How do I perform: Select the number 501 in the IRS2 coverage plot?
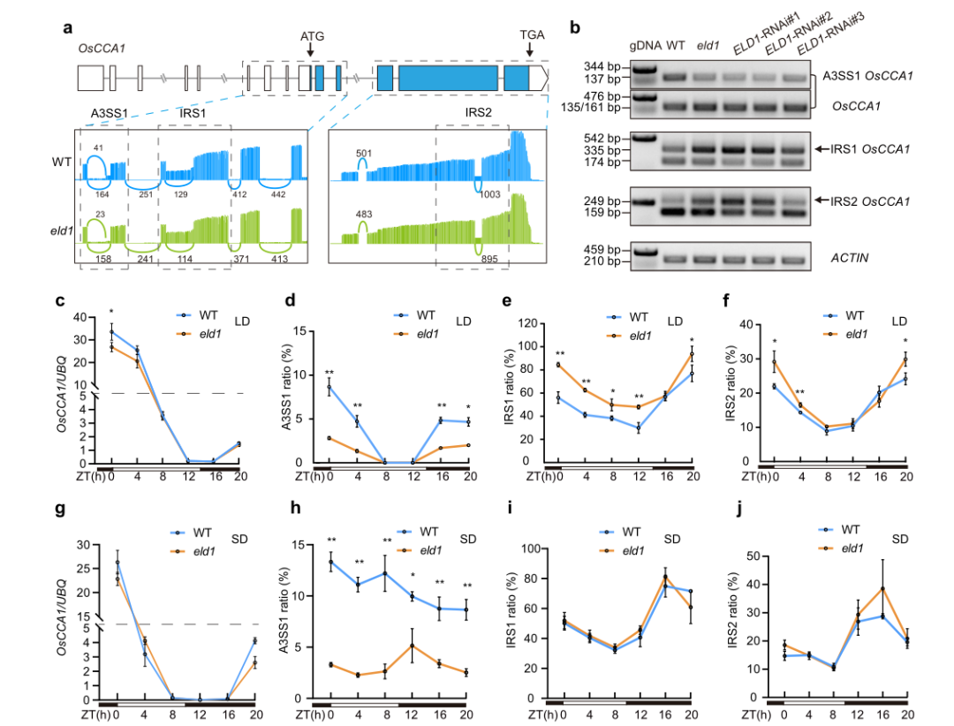(363, 152)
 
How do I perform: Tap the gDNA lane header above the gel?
(646, 45)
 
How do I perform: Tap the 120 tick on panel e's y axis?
(531, 323)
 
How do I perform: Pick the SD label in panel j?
(901, 538)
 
